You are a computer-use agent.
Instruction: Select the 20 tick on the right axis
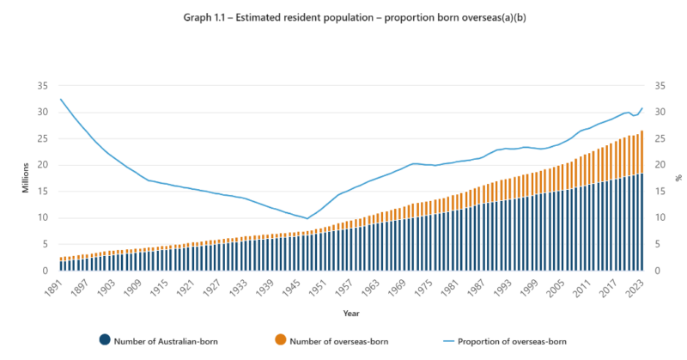(660, 165)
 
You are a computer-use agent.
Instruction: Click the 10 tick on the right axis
(660, 217)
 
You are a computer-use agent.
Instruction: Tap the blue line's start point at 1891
(61, 99)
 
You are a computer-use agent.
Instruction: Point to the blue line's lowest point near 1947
(307, 218)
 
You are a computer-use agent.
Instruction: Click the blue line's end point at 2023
(641, 108)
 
